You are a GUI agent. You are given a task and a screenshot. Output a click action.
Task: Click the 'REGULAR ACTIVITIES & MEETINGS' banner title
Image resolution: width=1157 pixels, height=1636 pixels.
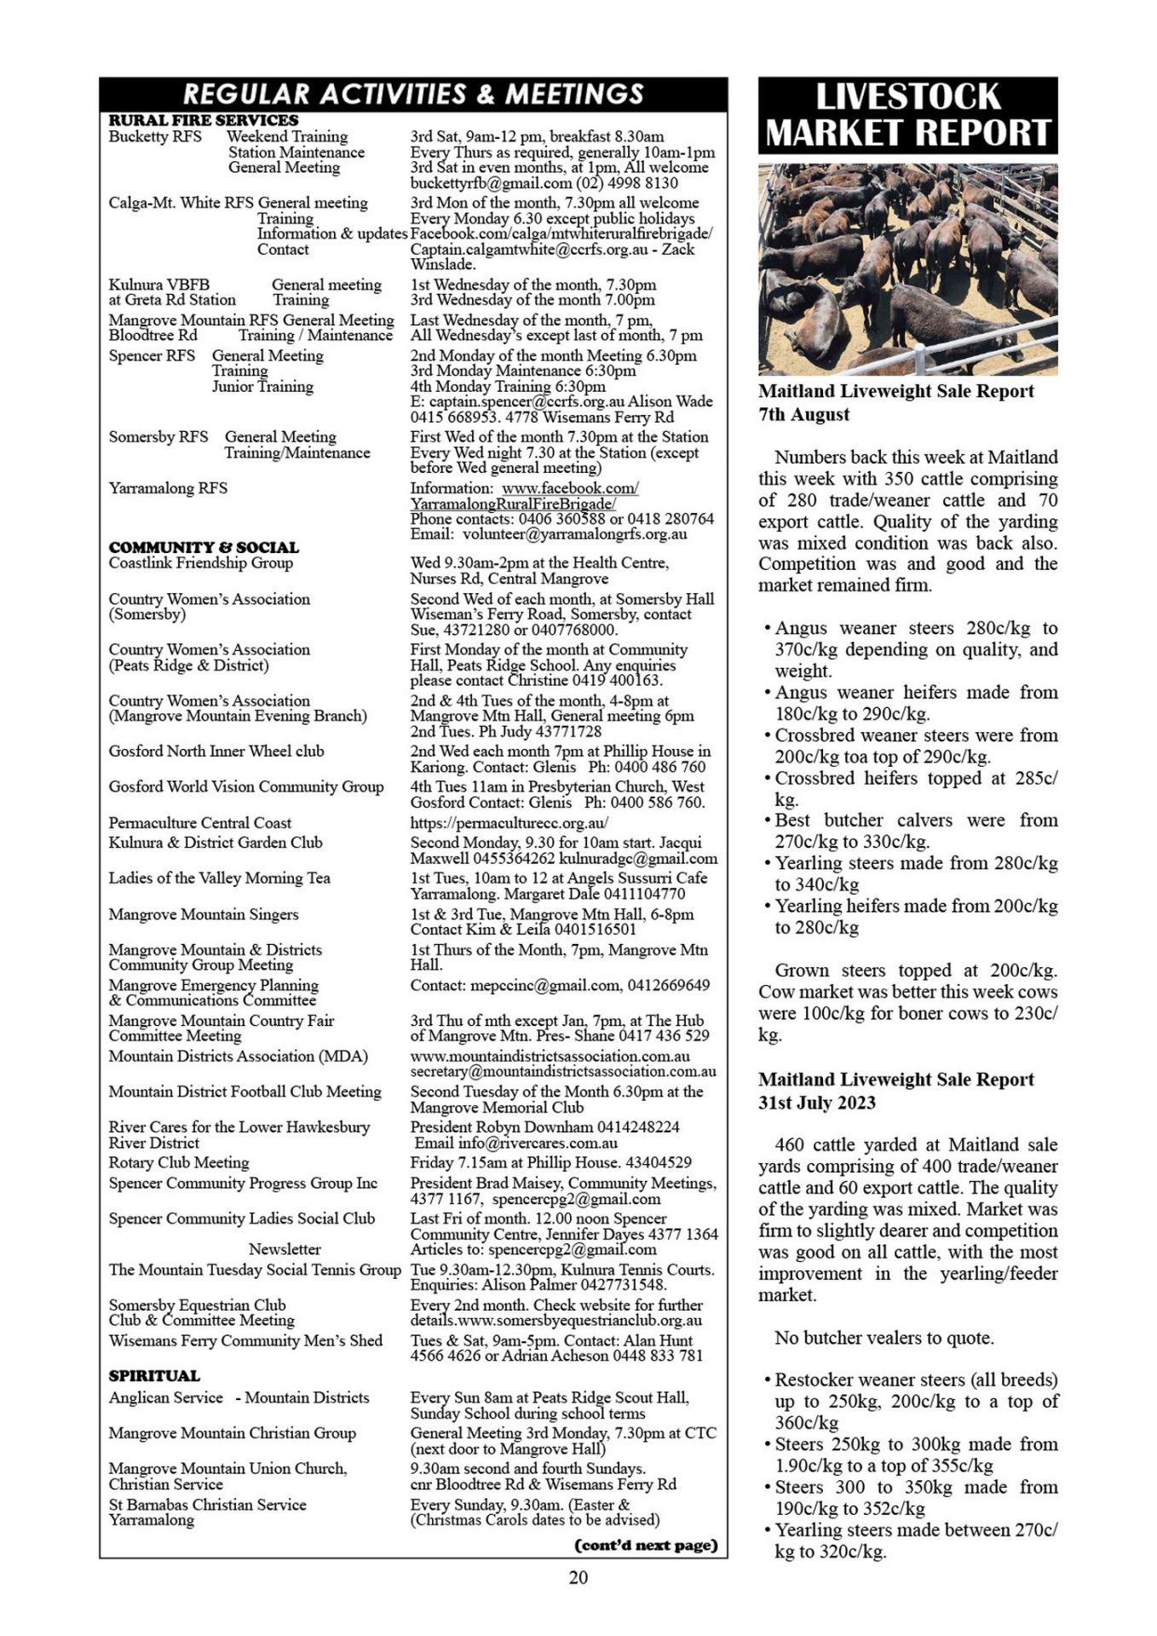pyautogui.click(x=413, y=94)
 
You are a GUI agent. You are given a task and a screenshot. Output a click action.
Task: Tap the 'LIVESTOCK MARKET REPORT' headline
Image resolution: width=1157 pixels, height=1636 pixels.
pyautogui.click(x=907, y=115)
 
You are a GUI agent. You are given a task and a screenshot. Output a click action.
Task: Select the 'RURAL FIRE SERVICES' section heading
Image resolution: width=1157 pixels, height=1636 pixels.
pyautogui.click(x=203, y=120)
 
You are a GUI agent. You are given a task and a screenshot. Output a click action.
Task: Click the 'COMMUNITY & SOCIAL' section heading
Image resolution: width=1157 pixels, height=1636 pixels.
pyautogui.click(x=204, y=547)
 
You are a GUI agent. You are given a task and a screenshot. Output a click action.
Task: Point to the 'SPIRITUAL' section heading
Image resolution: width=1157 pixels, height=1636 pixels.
pyautogui.click(x=154, y=1375)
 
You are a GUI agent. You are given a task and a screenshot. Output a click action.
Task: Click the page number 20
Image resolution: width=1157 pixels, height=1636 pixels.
pyautogui.click(x=578, y=1577)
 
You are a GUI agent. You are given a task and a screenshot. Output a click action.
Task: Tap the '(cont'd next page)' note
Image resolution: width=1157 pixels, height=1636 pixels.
pyautogui.click(x=647, y=1545)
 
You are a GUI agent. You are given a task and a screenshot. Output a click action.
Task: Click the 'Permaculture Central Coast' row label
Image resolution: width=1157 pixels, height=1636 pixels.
pyautogui.click(x=199, y=822)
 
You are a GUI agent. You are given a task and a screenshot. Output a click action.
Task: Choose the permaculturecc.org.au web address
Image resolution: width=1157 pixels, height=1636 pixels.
pyautogui.click(x=509, y=823)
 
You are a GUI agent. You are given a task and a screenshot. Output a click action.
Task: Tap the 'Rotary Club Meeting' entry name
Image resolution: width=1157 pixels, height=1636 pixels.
pyautogui.click(x=179, y=1162)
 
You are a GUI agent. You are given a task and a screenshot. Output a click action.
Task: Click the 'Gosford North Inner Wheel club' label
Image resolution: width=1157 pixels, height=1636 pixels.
pyautogui.click(x=216, y=751)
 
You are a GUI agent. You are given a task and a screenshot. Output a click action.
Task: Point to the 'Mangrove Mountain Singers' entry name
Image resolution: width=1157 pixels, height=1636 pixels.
pyautogui.click(x=204, y=914)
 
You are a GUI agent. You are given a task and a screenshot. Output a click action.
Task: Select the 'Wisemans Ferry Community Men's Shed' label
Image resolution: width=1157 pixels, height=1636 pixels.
pyautogui.click(x=245, y=1340)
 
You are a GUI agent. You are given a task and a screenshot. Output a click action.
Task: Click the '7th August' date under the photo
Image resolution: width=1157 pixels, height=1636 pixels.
pyautogui.click(x=803, y=415)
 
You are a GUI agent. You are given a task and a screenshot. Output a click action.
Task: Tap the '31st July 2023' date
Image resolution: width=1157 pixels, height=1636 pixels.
pyautogui.click(x=816, y=1103)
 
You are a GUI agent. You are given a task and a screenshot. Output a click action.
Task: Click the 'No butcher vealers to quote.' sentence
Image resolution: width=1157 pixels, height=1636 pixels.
pyautogui.click(x=884, y=1338)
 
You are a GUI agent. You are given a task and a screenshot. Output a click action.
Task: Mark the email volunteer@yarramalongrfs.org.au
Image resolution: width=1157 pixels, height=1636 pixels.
pyautogui.click(x=574, y=534)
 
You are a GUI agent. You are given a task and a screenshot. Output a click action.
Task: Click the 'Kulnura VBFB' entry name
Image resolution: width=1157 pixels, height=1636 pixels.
pyautogui.click(x=158, y=285)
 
